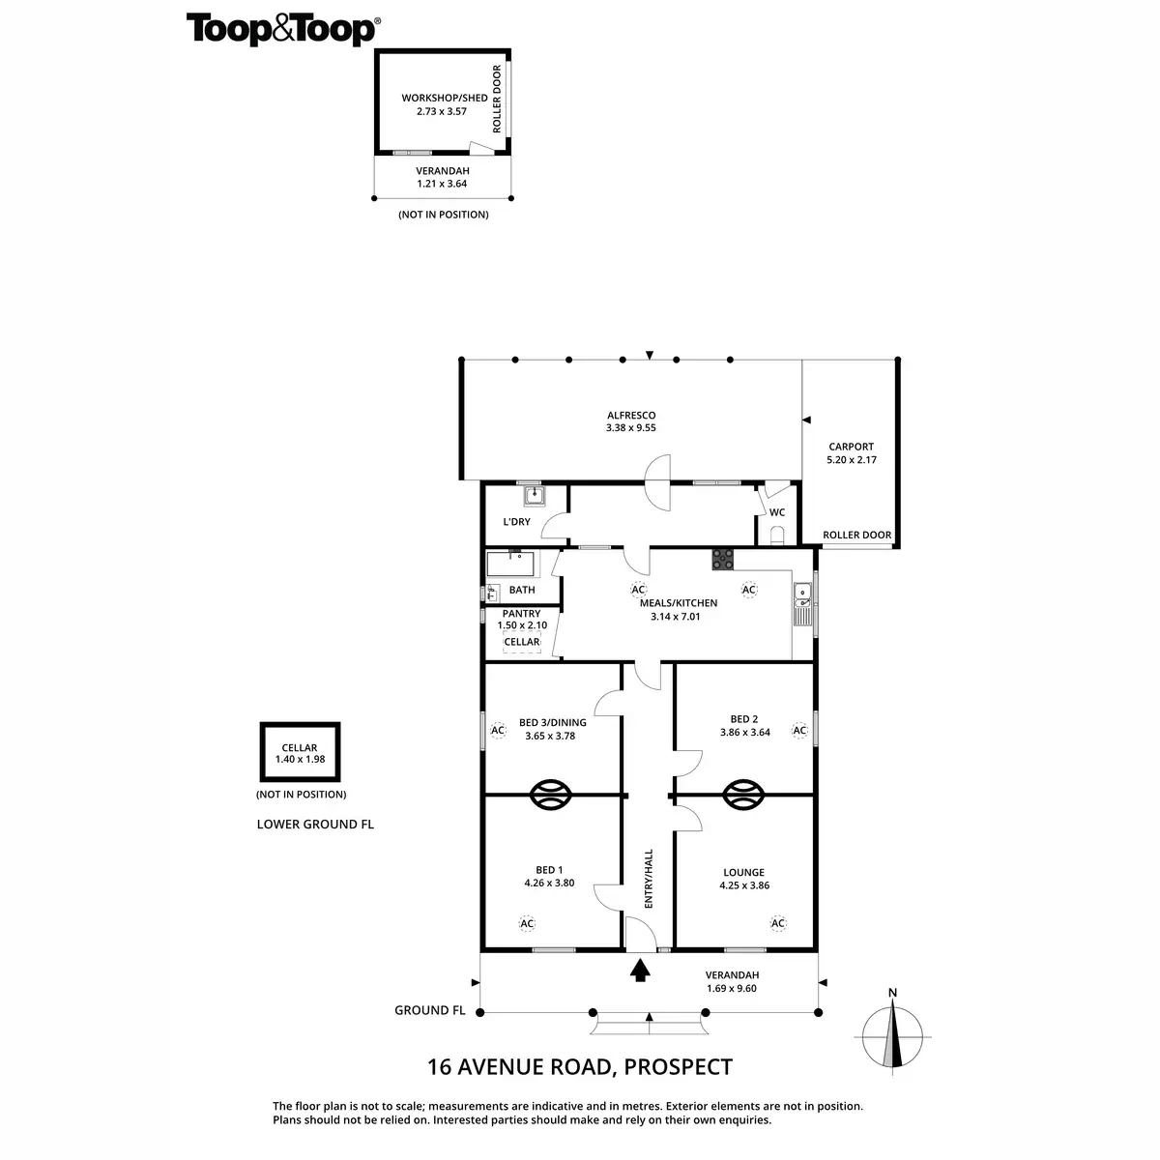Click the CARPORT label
click(851, 447)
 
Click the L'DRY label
click(516, 522)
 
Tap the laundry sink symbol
click(535, 496)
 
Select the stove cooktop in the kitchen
click(723, 558)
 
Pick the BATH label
click(522, 590)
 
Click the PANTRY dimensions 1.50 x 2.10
click(522, 625)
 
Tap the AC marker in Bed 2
click(799, 731)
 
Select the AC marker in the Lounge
click(778, 923)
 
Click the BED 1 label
click(549, 870)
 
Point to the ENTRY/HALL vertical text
click(649, 878)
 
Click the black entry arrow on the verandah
click(639, 971)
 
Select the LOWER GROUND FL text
click(315, 825)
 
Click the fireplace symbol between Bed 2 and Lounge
click(744, 795)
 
